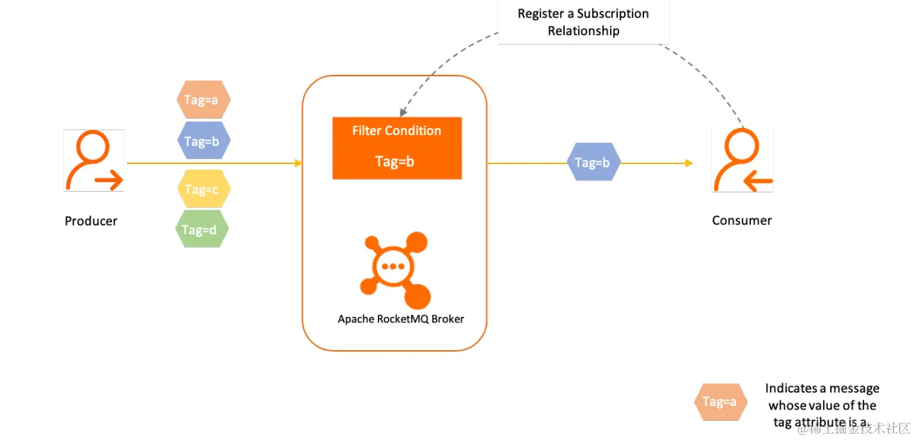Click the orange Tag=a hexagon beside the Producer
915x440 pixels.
tap(202, 100)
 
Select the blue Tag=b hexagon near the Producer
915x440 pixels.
tap(202, 141)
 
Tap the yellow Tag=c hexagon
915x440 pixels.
tap(202, 189)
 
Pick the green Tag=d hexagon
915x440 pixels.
tap(201, 229)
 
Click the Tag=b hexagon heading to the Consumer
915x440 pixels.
tap(593, 163)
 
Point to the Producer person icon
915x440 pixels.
tap(93, 161)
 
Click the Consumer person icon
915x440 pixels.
tap(742, 161)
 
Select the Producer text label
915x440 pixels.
tap(91, 221)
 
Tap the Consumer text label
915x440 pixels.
tap(742, 220)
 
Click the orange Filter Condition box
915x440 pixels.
tap(396, 147)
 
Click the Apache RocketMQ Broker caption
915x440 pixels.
tap(401, 319)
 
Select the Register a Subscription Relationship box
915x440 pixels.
tap(583, 22)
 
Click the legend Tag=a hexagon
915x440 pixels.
tap(720, 402)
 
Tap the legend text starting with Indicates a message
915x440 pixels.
tap(822, 405)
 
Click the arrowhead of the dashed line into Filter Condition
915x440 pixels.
tap(401, 113)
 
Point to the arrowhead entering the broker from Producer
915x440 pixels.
tap(299, 163)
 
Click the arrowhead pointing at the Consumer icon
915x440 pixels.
tap(689, 163)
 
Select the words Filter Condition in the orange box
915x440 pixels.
tap(396, 131)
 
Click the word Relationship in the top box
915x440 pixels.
tap(583, 30)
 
